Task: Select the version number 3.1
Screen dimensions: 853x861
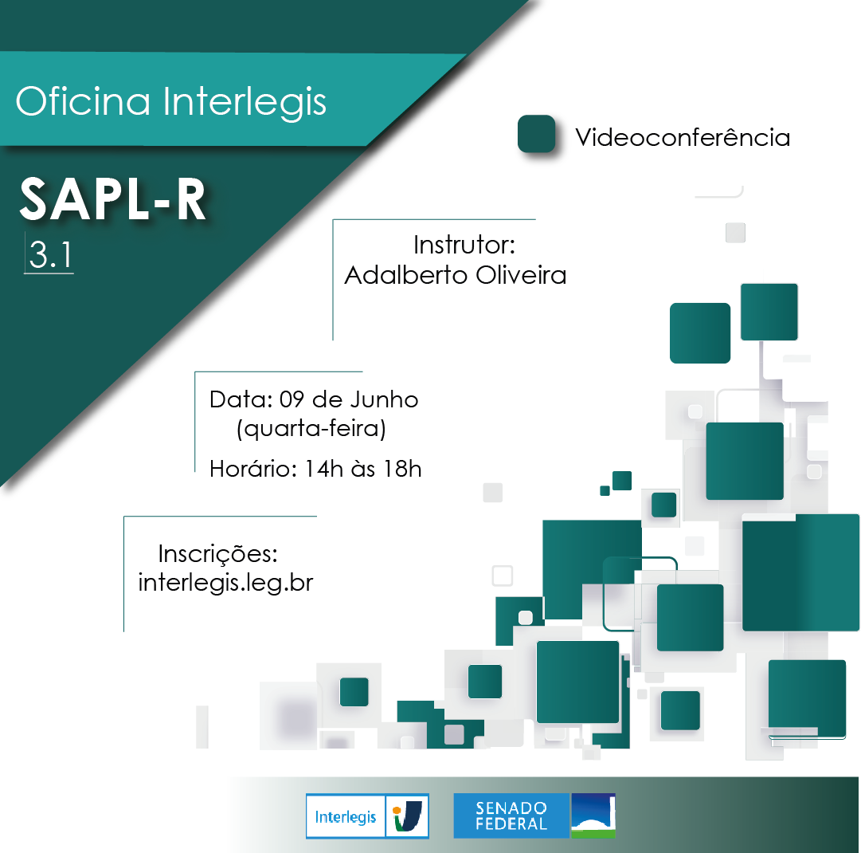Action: coord(49,254)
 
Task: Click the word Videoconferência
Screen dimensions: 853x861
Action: coord(683,138)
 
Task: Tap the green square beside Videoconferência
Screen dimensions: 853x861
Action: coord(536,134)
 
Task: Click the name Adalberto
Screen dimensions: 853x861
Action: coord(405,275)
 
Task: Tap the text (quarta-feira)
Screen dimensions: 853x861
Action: coord(311,429)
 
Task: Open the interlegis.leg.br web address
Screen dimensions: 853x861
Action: coord(225,583)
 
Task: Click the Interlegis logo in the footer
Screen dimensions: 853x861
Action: coord(367,816)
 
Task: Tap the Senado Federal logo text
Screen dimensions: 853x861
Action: coord(511,816)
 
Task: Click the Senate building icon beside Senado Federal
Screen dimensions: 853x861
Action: coord(593,816)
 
